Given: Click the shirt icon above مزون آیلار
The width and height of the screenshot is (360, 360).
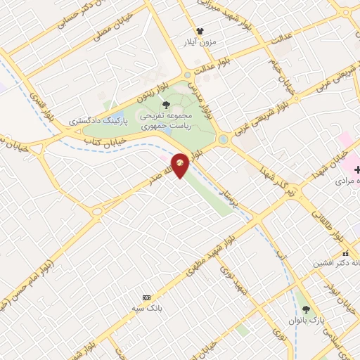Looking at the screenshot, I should coord(200,31).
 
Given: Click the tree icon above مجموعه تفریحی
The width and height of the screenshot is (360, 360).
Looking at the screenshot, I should coord(167,104).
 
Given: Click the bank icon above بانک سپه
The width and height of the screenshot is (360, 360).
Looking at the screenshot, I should coord(146,297).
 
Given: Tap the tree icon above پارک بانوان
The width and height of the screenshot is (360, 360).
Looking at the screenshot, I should coord(305,309).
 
